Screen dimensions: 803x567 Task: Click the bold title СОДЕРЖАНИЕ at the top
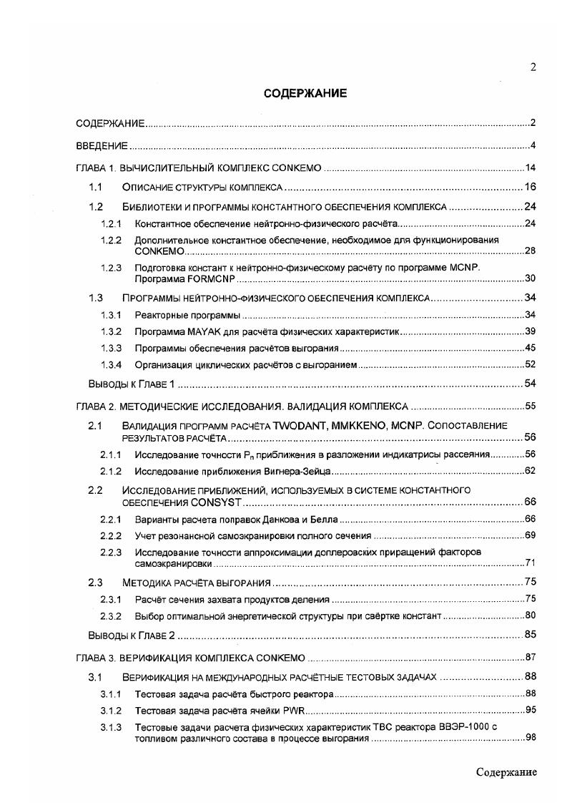tap(305, 93)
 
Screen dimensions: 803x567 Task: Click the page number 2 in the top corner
tap(533, 67)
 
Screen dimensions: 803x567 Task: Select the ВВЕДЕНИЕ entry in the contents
tap(102, 146)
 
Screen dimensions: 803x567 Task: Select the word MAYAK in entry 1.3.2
tap(201, 332)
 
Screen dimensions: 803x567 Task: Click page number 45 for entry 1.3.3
tap(531, 349)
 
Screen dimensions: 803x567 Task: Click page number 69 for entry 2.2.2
tap(531, 535)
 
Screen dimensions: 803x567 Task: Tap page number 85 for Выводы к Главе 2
tap(531, 634)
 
